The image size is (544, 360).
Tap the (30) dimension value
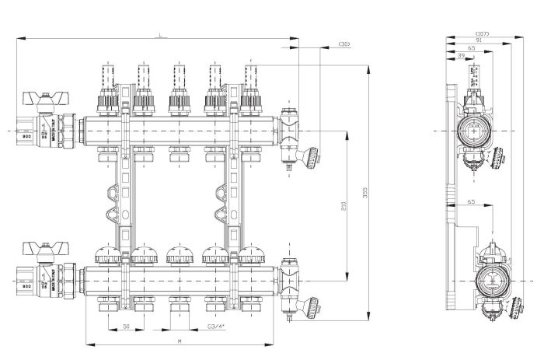point(343,44)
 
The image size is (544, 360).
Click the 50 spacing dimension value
point(126,327)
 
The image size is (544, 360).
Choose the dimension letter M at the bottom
point(179,341)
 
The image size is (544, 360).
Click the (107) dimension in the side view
point(482,33)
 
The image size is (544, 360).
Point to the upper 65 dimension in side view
point(471,49)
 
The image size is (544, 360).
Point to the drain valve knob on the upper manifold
point(312,159)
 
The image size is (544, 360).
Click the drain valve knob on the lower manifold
point(312,307)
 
